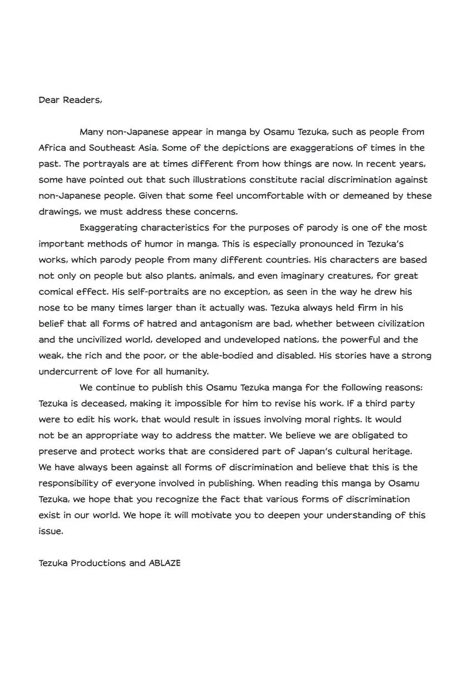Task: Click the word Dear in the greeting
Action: [x=48, y=100]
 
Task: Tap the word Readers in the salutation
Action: [x=82, y=100]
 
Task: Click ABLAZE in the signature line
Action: [x=165, y=563]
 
